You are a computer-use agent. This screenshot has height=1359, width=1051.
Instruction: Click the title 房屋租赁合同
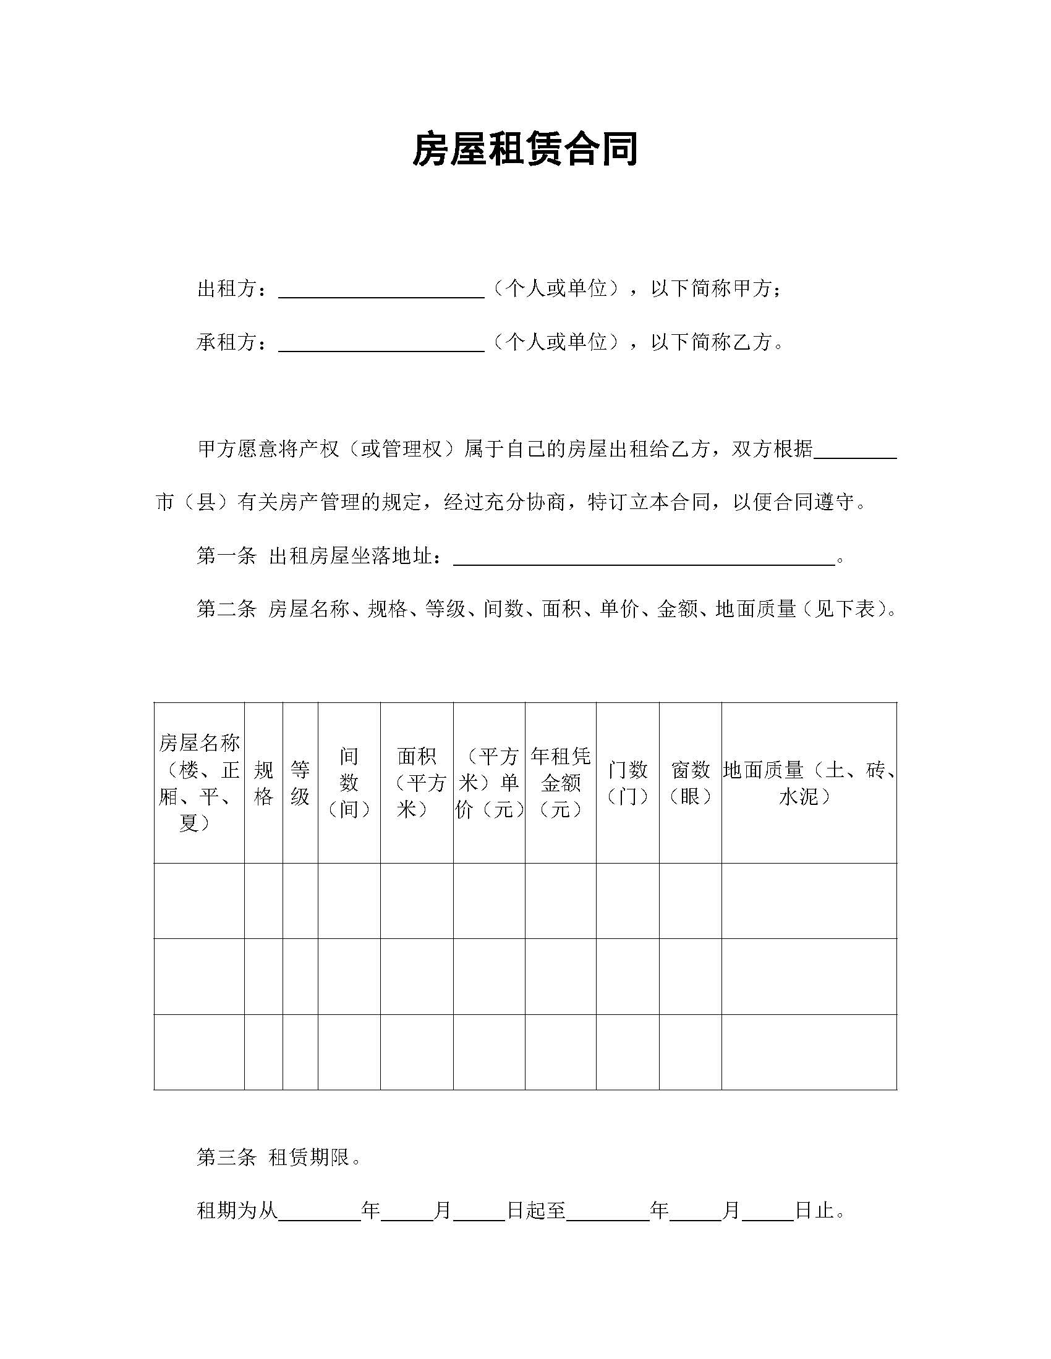tap(525, 150)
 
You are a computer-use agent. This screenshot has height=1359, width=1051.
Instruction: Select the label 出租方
tap(227, 288)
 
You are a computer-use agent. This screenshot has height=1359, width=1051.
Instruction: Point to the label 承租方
tap(227, 342)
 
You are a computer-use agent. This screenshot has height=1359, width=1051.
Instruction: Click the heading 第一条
tap(227, 556)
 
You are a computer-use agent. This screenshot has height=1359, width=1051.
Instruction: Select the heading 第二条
tap(227, 608)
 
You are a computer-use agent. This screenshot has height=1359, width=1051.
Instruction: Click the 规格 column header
tap(263, 783)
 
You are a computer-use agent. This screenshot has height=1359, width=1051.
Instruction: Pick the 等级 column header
tap(300, 783)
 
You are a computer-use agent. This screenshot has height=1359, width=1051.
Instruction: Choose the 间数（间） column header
tap(349, 783)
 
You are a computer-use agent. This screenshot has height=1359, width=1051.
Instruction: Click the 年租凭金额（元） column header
tap(560, 783)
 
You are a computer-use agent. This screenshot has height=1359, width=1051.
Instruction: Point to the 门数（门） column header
tap(628, 783)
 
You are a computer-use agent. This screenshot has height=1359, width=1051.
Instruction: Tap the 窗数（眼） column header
tap(691, 783)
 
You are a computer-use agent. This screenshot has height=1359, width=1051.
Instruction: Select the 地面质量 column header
tap(809, 783)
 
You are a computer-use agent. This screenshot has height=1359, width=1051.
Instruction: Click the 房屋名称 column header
tap(198, 783)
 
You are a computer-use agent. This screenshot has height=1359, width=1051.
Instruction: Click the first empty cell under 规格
tap(263, 901)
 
